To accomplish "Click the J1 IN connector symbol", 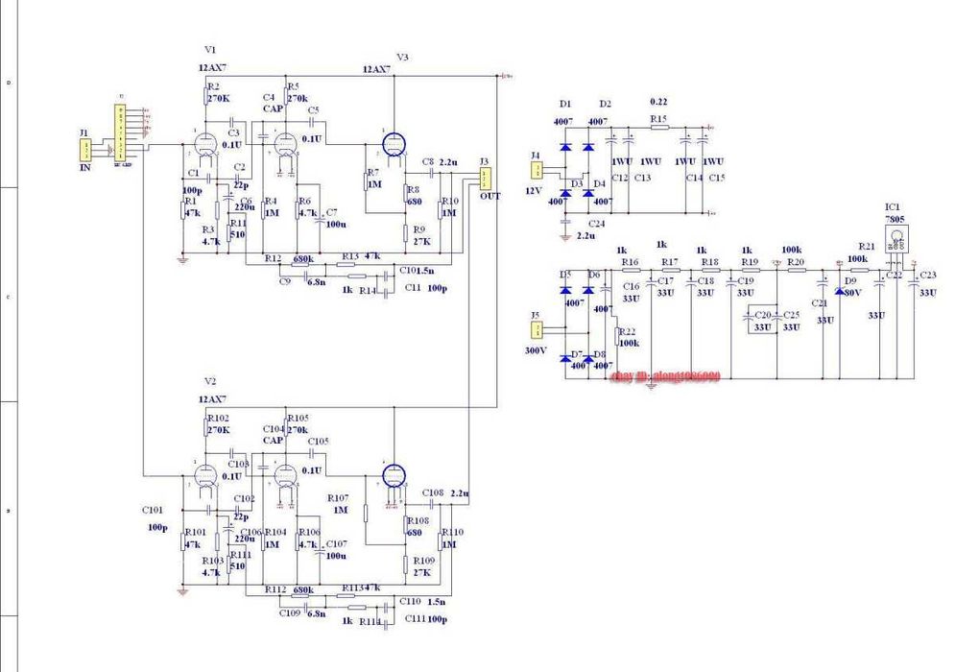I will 86,150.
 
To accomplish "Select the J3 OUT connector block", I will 486,178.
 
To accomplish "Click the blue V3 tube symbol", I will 392,143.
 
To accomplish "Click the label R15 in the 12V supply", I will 657,119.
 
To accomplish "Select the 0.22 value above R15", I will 657,101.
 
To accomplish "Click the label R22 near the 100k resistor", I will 627,331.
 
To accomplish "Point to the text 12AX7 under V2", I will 212,398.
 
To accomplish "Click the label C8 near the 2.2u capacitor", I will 427,162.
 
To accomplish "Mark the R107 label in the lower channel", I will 338,497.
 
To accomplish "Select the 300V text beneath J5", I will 537,350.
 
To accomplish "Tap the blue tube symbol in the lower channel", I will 392,474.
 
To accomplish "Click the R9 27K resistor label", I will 419,228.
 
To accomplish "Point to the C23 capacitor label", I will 927,276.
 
